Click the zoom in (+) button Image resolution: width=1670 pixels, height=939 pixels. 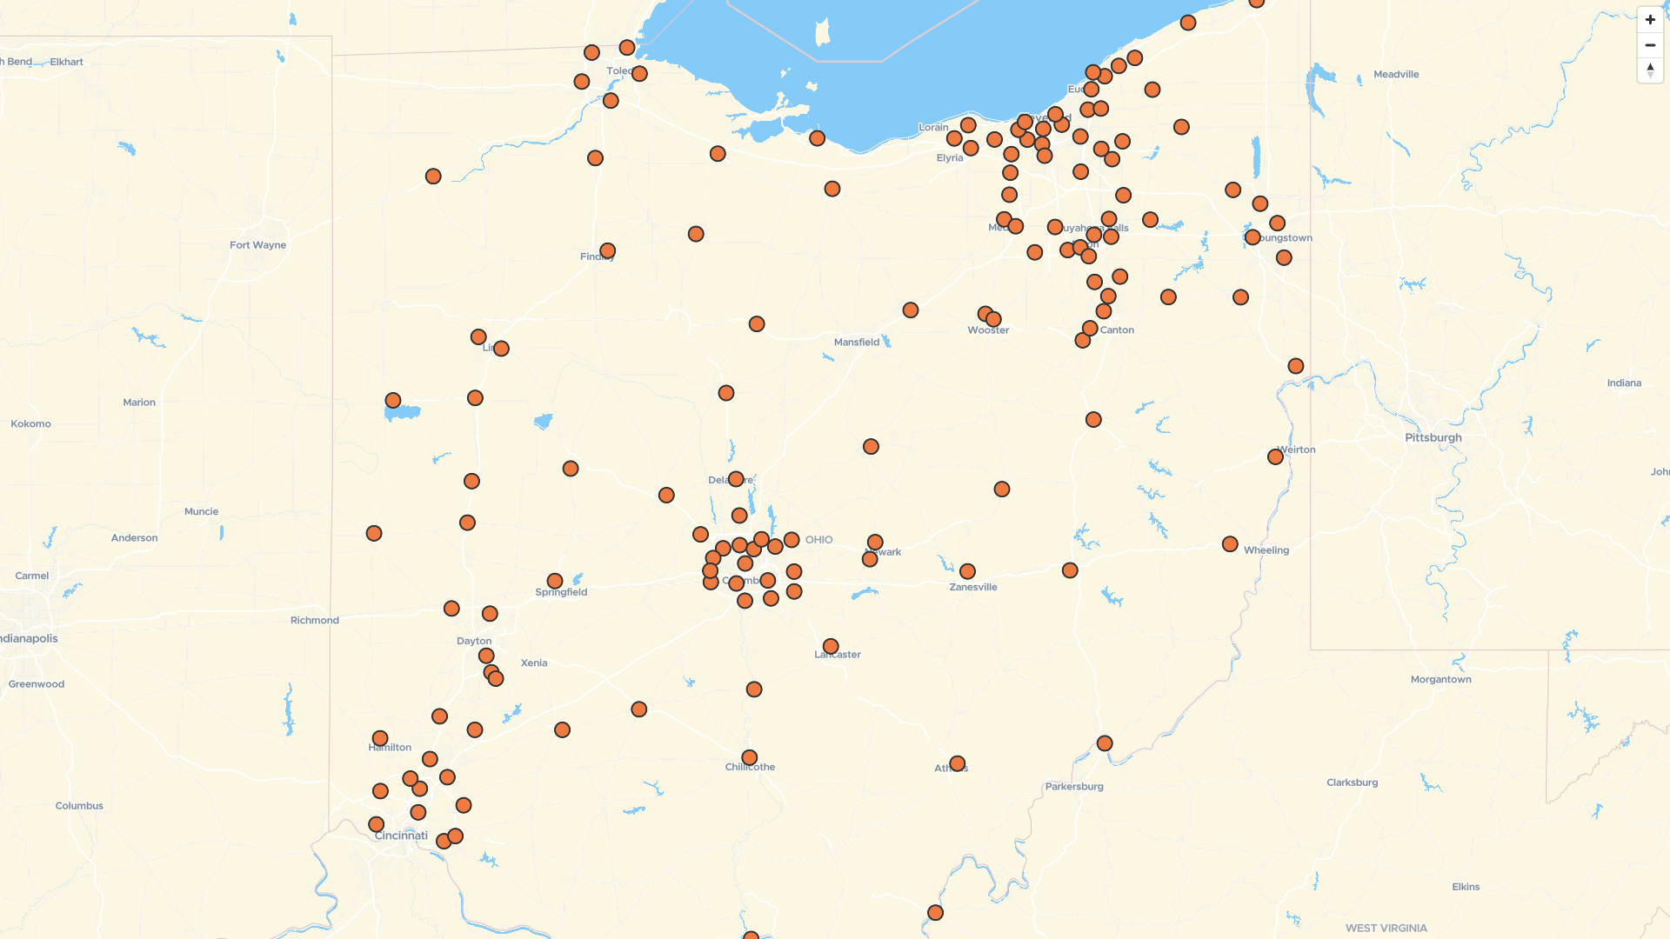(1650, 19)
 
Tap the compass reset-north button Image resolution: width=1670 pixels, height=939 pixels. (1650, 70)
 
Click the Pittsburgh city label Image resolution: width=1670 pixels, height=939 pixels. (1433, 437)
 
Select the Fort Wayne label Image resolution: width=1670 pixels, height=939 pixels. (257, 245)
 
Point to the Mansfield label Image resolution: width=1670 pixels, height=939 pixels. (856, 343)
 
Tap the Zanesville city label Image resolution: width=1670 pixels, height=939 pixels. (972, 587)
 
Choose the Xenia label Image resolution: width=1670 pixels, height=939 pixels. (534, 663)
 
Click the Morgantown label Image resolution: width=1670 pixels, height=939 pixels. (1440, 679)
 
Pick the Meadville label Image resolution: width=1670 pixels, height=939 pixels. (1395, 75)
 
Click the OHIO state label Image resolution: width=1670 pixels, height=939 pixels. (818, 540)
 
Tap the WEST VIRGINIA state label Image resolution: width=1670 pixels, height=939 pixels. (1386, 928)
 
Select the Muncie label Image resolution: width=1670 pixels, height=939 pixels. (201, 511)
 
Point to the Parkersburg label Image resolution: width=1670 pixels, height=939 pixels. (1073, 786)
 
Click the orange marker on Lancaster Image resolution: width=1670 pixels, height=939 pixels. (831, 647)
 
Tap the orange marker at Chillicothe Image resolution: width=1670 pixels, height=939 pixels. (749, 757)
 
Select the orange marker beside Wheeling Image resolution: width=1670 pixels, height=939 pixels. (1229, 544)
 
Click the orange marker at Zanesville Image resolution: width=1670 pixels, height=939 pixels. (967, 571)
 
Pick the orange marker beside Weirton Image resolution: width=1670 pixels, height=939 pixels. (1275, 456)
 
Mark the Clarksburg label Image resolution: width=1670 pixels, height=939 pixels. (1352, 782)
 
